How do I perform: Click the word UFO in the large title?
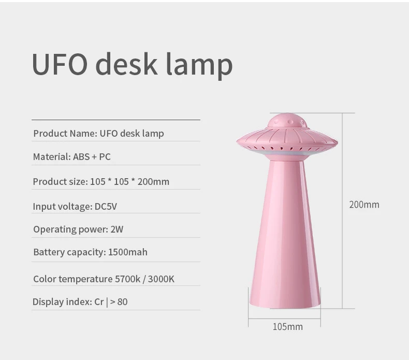[60, 64]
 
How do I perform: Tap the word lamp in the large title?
[199, 65]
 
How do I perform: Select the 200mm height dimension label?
[364, 205]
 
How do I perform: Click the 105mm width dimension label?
[288, 327]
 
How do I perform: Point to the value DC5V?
[106, 207]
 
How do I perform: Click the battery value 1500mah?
[127, 252]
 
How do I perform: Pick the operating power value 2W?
[117, 229]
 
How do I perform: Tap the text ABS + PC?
[92, 156]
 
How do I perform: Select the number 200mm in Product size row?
[153, 182]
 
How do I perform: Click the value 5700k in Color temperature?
[127, 279]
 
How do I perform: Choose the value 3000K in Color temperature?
[161, 279]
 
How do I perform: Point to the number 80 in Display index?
[122, 302]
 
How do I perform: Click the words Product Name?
[65, 134]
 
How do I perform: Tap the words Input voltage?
[63, 207]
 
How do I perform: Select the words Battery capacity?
[70, 252]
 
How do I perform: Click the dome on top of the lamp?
[287, 121]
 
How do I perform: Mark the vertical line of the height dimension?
[342, 211]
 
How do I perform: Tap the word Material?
[52, 156]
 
